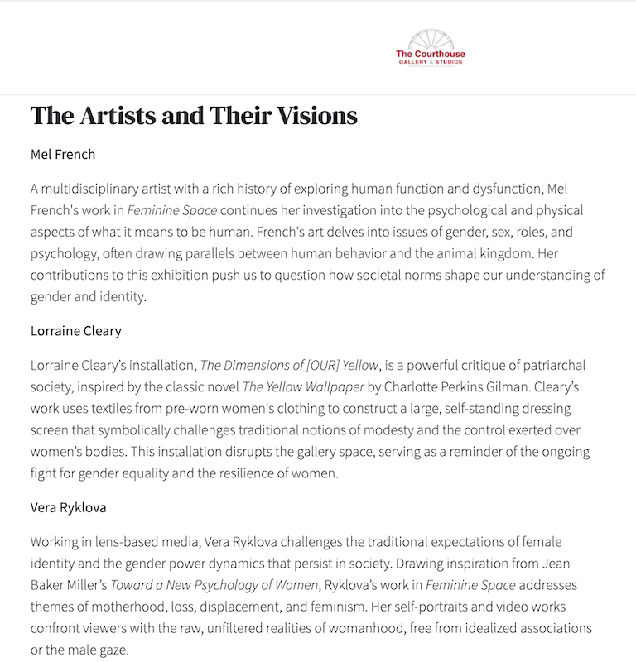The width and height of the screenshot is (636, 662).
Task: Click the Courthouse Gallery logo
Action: [x=430, y=48]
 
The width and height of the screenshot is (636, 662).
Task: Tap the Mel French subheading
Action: [x=63, y=154]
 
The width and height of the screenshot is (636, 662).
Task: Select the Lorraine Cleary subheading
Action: [x=76, y=331]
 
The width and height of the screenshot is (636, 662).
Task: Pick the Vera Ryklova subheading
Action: [x=69, y=507]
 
